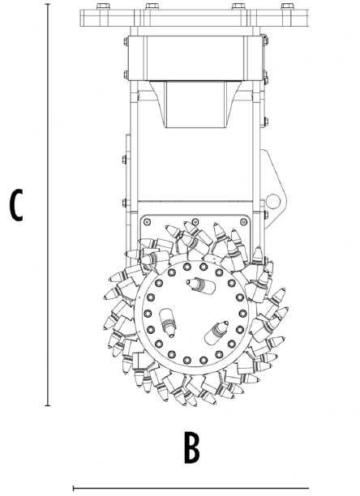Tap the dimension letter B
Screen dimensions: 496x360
[191, 447]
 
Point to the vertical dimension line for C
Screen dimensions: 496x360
[48, 203]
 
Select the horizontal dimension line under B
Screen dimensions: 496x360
[211, 488]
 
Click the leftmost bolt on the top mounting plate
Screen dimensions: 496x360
[101, 7]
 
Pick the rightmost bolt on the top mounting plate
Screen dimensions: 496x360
[285, 7]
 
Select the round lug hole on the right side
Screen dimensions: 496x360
[274, 201]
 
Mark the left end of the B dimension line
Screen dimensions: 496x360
[74, 488]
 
